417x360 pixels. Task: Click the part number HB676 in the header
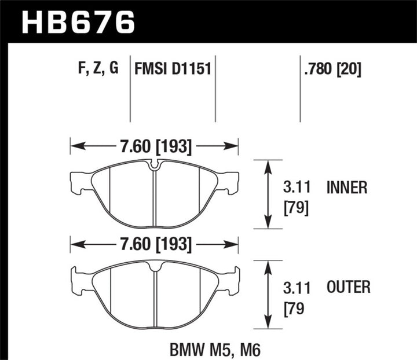pyautogui.click(x=79, y=23)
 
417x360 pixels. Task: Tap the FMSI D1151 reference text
pyautogui.click(x=172, y=70)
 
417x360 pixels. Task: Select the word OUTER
pyautogui.click(x=348, y=286)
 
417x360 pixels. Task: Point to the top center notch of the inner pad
pyautogui.click(x=154, y=166)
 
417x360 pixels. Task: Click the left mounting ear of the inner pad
pyautogui.click(x=78, y=183)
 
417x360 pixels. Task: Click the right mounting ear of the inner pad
pyautogui.click(x=231, y=183)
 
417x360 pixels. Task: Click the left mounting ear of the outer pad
pyautogui.click(x=78, y=278)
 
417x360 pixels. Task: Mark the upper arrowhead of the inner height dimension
pyautogui.click(x=268, y=165)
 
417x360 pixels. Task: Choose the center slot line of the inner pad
pyautogui.click(x=154, y=197)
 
